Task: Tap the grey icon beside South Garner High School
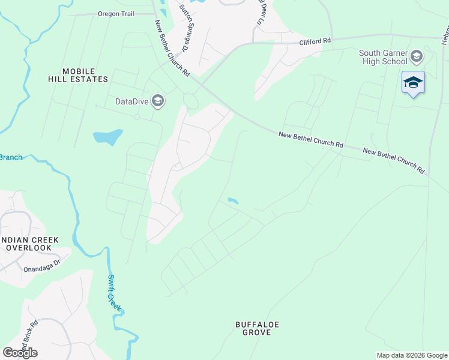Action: [417, 57]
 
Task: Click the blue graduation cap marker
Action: [413, 82]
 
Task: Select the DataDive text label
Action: [132, 101]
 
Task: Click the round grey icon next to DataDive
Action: [158, 100]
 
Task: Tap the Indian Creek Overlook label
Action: [30, 244]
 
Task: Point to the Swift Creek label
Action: [115, 293]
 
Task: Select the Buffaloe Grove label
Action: [258, 328]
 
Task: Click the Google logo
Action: [20, 353]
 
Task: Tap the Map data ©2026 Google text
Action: [411, 355]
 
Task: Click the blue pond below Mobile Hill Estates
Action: [108, 137]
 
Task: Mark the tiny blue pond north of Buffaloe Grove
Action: [232, 200]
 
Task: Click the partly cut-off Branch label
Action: [10, 157]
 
